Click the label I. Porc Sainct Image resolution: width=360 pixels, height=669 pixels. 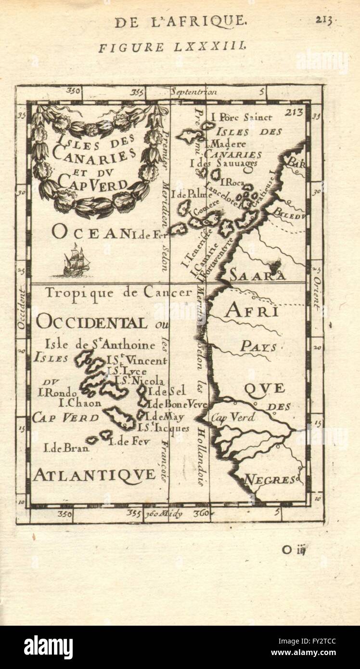[x=242, y=117]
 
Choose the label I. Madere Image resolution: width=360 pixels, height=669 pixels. [x=226, y=144]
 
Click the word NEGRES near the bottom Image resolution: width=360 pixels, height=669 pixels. [x=270, y=479]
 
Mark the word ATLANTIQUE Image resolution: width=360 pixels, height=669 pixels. [x=94, y=475]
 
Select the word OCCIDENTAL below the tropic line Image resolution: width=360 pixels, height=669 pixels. [x=91, y=322]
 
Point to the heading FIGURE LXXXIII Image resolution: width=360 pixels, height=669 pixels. [x=173, y=47]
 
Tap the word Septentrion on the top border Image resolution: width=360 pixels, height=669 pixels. [x=194, y=91]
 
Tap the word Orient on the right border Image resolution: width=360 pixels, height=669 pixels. [x=317, y=294]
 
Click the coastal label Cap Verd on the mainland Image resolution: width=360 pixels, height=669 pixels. [x=233, y=418]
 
